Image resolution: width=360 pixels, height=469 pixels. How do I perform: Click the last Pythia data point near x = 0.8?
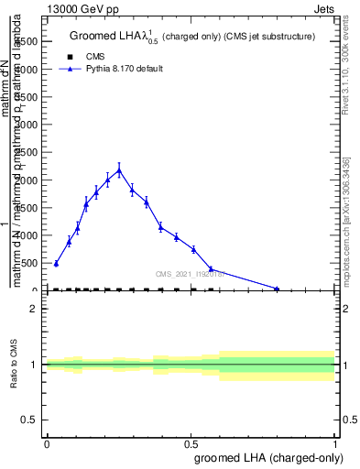point(277,289)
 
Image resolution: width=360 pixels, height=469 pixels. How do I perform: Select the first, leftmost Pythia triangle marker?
point(56,264)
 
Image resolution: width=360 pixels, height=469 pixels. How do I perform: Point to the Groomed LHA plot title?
point(192,37)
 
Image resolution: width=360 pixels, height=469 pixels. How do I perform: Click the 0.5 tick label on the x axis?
point(191,443)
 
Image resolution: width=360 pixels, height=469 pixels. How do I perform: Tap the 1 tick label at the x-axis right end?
point(335,443)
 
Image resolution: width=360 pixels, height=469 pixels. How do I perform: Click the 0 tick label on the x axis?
point(47,443)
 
